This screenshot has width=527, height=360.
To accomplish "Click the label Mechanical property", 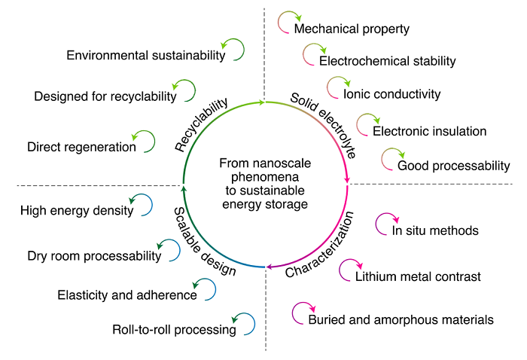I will click(x=352, y=29).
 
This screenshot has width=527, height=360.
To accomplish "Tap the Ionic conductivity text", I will click(x=391, y=95).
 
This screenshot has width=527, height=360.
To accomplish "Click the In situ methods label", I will click(x=436, y=230).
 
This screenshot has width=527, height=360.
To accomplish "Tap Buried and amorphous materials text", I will click(x=401, y=319).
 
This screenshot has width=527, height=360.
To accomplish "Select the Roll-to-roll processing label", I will click(x=174, y=329).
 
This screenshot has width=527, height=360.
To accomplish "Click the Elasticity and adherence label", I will click(x=127, y=294).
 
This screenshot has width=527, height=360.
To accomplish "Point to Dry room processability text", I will click(x=94, y=256).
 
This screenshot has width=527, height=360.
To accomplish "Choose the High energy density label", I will click(x=77, y=211).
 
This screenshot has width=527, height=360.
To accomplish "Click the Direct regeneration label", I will click(x=81, y=147).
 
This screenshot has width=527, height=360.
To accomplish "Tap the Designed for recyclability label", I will click(x=105, y=96).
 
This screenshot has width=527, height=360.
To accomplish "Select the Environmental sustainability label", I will click(x=146, y=56).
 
